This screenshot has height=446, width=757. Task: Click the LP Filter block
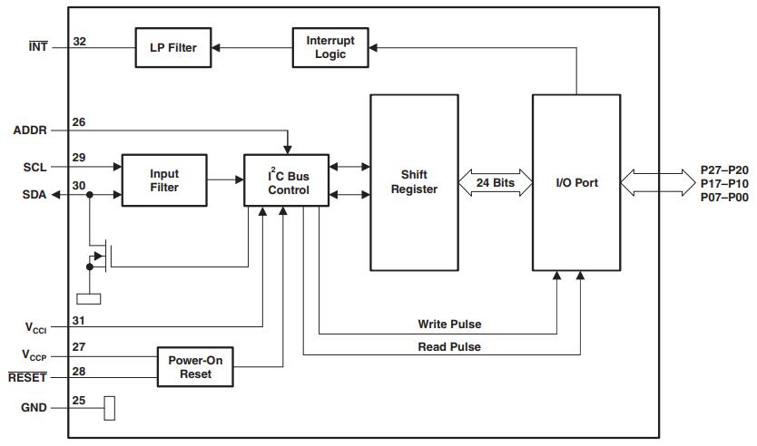[x=172, y=47]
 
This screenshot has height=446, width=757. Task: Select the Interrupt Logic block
[x=330, y=47]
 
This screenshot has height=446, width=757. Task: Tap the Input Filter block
[x=164, y=180]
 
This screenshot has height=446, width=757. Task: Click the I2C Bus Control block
[x=288, y=180]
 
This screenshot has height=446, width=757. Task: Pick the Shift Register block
[x=419, y=181]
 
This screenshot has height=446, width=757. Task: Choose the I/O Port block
[x=576, y=182]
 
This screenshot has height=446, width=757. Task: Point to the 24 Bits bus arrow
[x=495, y=182]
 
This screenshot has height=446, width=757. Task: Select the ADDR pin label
[x=30, y=130]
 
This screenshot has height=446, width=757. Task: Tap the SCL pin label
[x=34, y=167]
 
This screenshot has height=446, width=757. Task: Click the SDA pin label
[x=34, y=194]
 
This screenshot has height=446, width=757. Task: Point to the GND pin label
[x=34, y=408]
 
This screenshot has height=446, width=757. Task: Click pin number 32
[x=80, y=41]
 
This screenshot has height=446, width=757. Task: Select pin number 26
[x=80, y=122]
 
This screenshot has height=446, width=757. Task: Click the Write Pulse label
[x=449, y=325]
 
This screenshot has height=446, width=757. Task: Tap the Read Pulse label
[x=449, y=346]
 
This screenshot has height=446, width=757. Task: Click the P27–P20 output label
[x=724, y=170]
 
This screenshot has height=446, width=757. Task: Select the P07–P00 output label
[x=724, y=197]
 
